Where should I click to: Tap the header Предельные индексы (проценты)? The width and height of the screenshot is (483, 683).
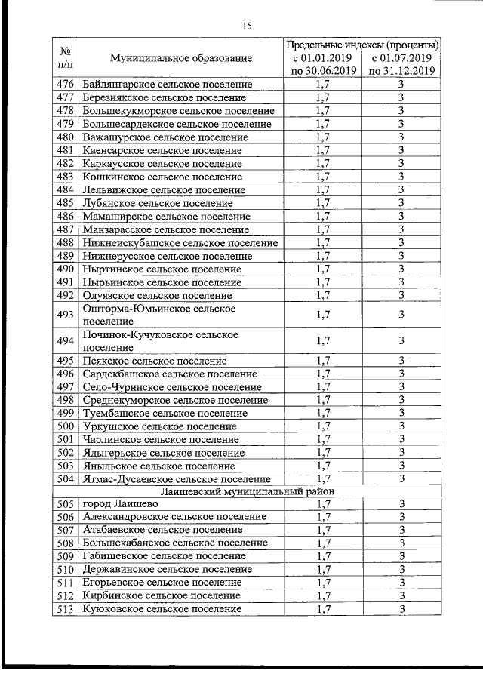(x=362, y=45)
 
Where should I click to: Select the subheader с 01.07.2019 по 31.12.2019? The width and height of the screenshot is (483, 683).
(x=401, y=64)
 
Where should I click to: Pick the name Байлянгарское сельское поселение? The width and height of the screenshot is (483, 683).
(x=164, y=85)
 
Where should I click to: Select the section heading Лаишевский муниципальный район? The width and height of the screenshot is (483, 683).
(x=246, y=492)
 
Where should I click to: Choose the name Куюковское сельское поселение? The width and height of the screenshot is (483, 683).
(x=162, y=609)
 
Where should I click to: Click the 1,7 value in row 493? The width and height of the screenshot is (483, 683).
(x=323, y=315)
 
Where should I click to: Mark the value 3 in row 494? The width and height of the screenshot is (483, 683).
(x=402, y=340)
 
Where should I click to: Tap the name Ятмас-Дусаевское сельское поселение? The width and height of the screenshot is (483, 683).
(x=176, y=478)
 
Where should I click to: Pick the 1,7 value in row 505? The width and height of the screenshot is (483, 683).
(x=323, y=504)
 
